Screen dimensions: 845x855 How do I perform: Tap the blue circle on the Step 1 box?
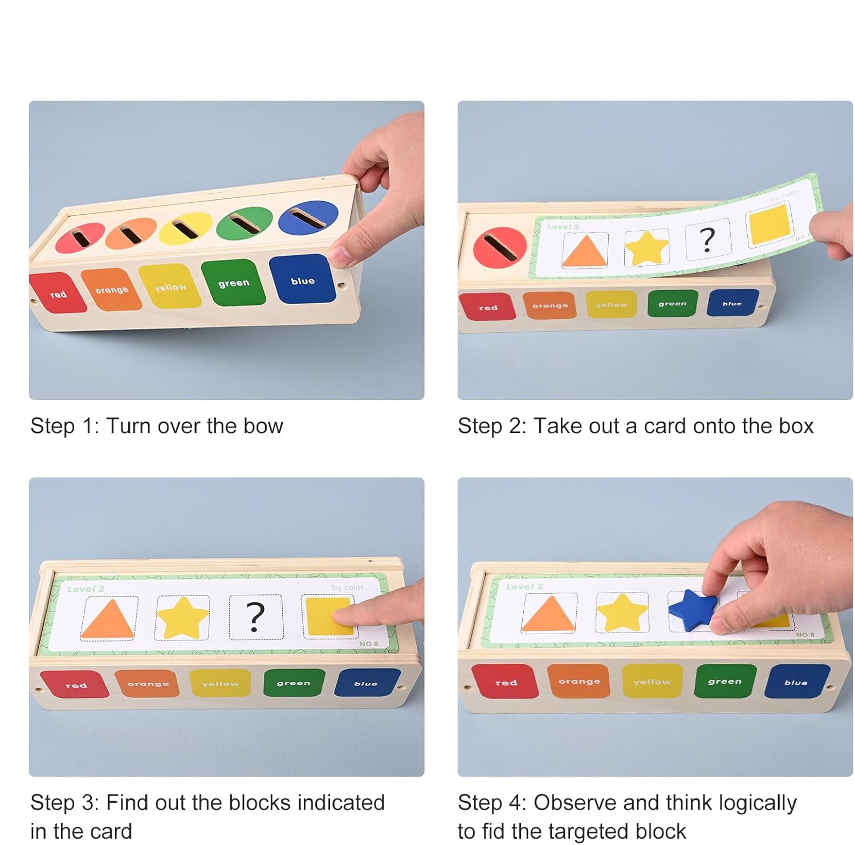pos(308,218)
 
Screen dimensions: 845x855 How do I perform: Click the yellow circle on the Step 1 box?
pos(186,228)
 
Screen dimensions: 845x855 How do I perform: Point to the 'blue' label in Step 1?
pos(302,280)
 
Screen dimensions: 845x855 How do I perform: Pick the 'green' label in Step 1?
pos(234,283)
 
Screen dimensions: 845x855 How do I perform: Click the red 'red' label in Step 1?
pos(58,294)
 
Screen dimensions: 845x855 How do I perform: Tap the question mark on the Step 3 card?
pos(255,617)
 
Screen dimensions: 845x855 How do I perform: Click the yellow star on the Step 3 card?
pos(182,618)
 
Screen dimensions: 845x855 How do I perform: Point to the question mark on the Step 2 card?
pos(707,239)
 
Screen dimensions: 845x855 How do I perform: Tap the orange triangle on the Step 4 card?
pos(548,614)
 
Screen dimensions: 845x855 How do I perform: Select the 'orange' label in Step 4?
pos(579,681)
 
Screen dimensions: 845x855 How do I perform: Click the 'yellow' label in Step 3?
pos(221,683)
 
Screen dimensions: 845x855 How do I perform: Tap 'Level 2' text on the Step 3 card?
pos(86,589)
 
